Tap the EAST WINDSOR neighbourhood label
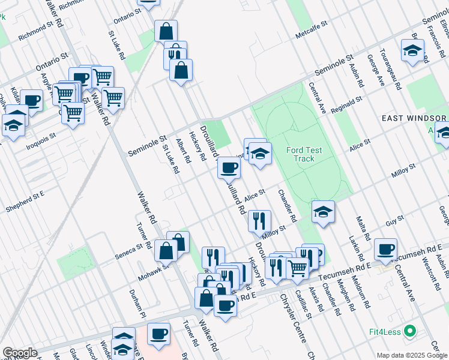[x=415, y=119]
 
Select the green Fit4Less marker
[x=411, y=331]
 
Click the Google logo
[x=20, y=353]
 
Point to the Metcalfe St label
[x=311, y=31]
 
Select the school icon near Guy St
[x=323, y=211]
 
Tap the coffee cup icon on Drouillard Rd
[x=229, y=167]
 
